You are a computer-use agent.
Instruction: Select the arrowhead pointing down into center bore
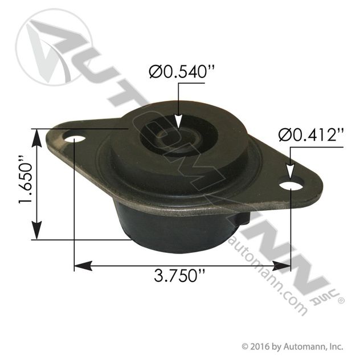pos(179,124)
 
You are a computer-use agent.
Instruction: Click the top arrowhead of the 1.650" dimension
pos(39,134)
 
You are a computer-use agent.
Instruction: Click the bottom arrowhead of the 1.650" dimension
pos(39,234)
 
